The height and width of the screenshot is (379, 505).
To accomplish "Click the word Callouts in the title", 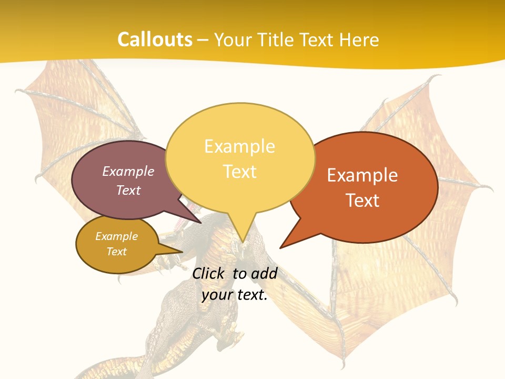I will pos(155,40).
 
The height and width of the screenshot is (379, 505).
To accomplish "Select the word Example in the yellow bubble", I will pos(239,146).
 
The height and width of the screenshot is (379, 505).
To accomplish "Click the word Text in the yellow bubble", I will pos(239,171).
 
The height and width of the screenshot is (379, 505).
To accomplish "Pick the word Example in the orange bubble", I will pos(362,175).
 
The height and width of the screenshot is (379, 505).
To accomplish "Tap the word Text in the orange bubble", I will pos(362,200).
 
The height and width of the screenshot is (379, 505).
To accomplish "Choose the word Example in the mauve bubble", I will pos(128,171).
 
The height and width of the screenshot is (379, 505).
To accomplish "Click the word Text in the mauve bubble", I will pos(128,190).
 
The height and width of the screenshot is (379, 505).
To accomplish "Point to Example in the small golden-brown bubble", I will pos(116,236).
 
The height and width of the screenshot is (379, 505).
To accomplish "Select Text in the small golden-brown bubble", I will pos(116,252).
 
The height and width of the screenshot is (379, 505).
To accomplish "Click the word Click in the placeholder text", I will pos(209,273).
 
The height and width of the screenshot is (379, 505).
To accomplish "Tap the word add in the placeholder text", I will pos(264,273).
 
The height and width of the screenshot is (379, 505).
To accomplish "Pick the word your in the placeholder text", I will pos(217,295).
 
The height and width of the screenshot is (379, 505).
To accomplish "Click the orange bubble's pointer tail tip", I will pos(280,247).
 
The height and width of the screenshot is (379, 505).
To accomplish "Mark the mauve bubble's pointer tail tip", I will pos(201,223).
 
